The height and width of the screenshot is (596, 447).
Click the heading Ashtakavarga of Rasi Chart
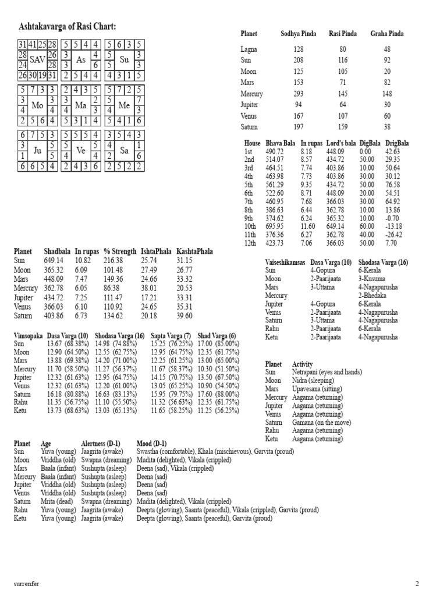pos(68,26)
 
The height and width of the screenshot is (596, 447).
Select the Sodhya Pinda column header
pos(299,34)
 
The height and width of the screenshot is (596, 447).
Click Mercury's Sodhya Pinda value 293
pos(299,94)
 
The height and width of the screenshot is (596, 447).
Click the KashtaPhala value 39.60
pos(184,315)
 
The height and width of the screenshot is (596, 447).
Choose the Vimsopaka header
pos(29,336)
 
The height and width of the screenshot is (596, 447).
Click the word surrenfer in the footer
pos(27,583)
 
